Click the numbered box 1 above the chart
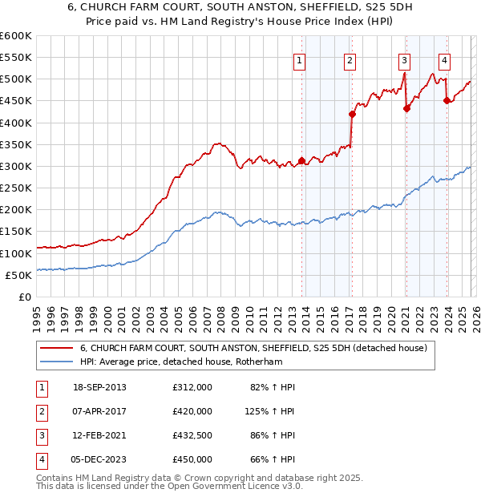299,60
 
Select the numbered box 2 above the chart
350,60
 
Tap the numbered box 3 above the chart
405,60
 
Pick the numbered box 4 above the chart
444,60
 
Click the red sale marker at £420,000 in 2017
352,114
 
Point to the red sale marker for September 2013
301,161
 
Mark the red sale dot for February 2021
406,109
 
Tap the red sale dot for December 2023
447,101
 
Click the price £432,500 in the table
192,435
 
